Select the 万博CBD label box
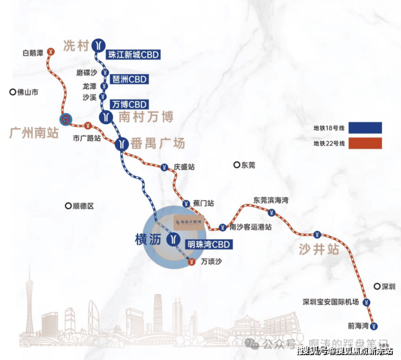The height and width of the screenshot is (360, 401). (128, 104)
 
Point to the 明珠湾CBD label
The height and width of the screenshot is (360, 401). (208, 245)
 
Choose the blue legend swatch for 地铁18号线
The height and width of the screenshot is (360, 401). (365, 128)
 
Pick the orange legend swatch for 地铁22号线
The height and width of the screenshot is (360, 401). (365, 143)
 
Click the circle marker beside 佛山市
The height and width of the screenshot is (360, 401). (12, 93)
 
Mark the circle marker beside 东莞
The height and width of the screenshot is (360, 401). (236, 165)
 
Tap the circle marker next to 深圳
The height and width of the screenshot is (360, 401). (377, 286)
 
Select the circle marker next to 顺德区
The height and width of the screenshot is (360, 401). (68, 206)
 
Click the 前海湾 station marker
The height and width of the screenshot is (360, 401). (374, 326)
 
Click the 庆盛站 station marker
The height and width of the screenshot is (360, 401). (164, 167)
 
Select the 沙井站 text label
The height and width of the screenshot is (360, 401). (319, 250)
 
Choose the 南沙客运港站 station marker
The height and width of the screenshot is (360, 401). (222, 227)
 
